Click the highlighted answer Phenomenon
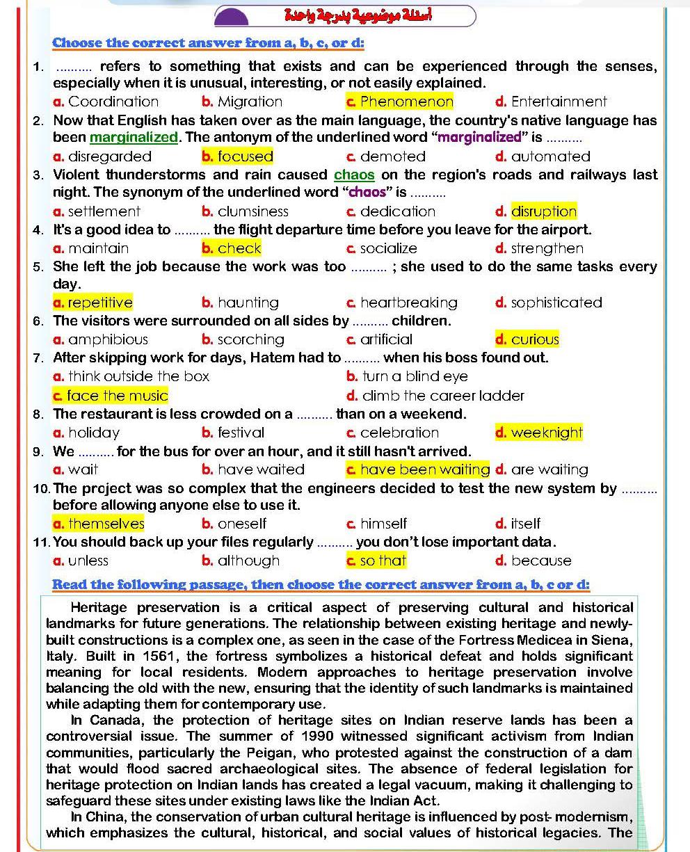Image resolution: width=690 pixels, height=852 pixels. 406,102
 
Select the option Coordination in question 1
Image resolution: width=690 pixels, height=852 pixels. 113,102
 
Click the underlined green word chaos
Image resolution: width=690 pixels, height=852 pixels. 355,175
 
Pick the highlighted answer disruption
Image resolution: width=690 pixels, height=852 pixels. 543,211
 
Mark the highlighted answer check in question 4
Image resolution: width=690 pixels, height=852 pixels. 239,248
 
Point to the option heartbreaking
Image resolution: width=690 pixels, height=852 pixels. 408,303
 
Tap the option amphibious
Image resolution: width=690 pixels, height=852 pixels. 108,339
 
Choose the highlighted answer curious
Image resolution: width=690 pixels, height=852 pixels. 534,339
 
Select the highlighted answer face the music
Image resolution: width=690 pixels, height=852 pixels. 117,396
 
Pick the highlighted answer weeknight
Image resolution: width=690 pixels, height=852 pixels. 546,433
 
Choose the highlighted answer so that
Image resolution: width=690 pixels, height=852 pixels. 383,561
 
